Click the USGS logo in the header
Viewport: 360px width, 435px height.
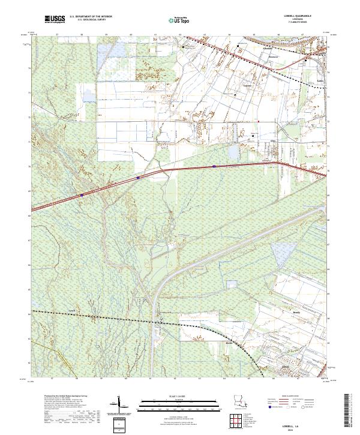[x=54, y=19]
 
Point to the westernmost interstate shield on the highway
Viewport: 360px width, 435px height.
[x=82, y=195]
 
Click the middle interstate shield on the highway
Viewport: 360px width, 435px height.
[x=138, y=177]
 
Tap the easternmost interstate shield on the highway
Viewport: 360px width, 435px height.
[x=214, y=166]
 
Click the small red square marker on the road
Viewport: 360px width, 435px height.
[x=259, y=122]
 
